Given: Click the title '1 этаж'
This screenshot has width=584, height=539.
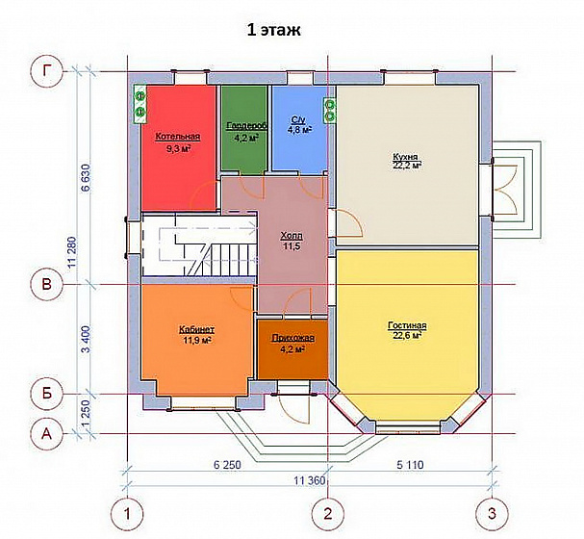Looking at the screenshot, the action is pos(274,30).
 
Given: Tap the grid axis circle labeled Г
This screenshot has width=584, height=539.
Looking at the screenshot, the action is pos(46,71).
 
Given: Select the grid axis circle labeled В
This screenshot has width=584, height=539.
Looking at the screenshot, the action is pos(46,285).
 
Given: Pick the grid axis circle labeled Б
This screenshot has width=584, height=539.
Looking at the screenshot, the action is pos(46,394).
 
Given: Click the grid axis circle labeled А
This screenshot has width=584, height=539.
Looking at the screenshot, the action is pos(46,434).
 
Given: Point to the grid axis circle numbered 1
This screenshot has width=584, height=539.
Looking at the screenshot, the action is pos(128,514).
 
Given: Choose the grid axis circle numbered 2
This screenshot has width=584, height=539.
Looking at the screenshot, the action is pos(328,514).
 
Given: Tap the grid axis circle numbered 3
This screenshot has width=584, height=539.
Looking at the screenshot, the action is pos(492,514).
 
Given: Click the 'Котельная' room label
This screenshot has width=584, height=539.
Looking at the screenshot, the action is pos(178,137).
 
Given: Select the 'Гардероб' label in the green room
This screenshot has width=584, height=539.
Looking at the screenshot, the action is pos(246,126).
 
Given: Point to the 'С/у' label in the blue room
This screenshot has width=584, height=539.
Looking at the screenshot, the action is pos(298,120).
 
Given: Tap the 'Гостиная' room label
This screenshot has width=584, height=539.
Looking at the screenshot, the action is pos(407,325).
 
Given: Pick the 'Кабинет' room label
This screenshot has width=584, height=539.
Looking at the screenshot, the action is pos(196,330).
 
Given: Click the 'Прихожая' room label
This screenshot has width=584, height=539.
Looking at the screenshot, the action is pos(293,338).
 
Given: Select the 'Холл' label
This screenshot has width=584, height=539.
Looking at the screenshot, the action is pos(292,236).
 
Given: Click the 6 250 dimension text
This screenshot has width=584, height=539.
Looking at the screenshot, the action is pos(227,465).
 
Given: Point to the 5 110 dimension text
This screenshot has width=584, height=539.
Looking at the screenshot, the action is pos(410,465).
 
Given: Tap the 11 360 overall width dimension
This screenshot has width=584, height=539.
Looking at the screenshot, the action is pos(310,480).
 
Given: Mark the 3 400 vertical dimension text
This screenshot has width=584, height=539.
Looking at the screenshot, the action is pos(86,340).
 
